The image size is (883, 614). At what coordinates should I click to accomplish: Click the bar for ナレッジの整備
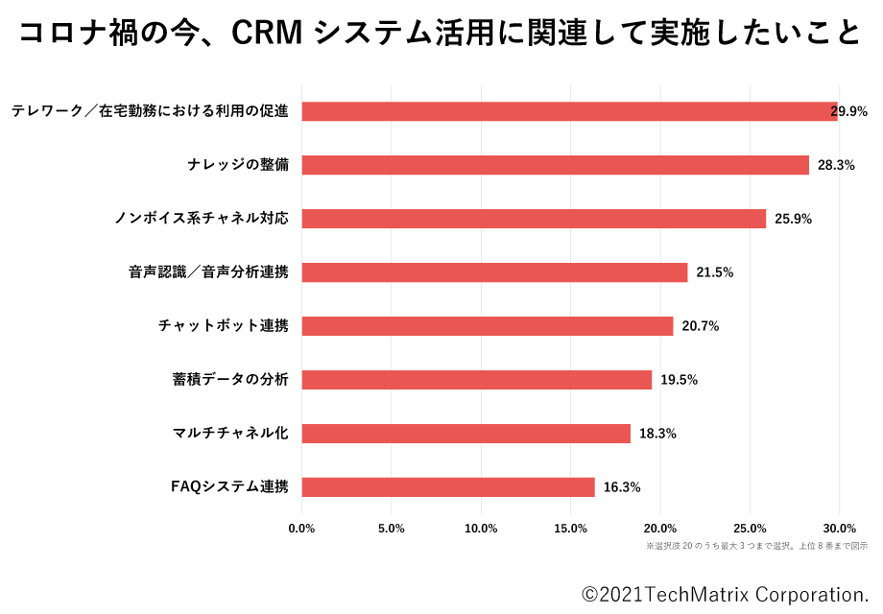pos(555,165)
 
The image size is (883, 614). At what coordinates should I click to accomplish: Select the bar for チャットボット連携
pos(488,326)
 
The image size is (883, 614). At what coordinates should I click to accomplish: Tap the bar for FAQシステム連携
pos(448,487)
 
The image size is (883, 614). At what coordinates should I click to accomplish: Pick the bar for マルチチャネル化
pos(465,434)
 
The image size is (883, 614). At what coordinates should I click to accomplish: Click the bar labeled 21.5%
pos(494,272)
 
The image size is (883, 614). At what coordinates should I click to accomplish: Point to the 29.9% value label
pos(849,111)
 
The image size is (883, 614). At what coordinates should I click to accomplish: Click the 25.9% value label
pos(793,219)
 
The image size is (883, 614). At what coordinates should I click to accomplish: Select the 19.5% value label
pos(679,380)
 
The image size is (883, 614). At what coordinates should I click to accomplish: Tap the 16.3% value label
pos(621,487)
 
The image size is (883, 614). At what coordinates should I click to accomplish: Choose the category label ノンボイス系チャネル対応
pos(202,219)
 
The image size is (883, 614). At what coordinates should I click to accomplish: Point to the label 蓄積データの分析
pos(229,380)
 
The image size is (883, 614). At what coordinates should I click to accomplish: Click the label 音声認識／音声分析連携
pos(208,272)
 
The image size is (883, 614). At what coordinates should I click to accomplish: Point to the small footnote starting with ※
pos(756,546)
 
